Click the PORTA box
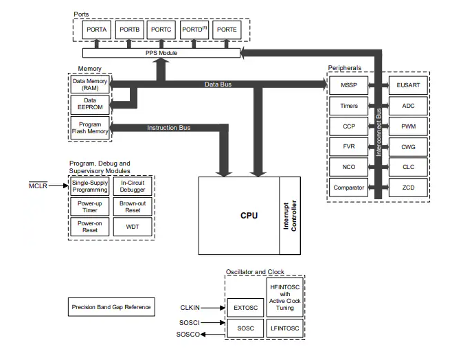tap(96, 30)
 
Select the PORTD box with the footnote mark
tap(194, 30)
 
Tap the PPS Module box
tap(161, 53)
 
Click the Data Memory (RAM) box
tap(89, 84)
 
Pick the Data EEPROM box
tap(89, 104)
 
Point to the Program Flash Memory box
tap(89, 127)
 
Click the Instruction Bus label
tap(168, 127)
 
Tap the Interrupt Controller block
tap(291, 215)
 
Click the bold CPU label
tap(249, 215)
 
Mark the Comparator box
tap(348, 188)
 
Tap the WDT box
tap(133, 227)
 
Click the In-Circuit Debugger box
tap(133, 185)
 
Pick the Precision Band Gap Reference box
tap(111, 306)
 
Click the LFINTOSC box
tap(284, 328)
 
